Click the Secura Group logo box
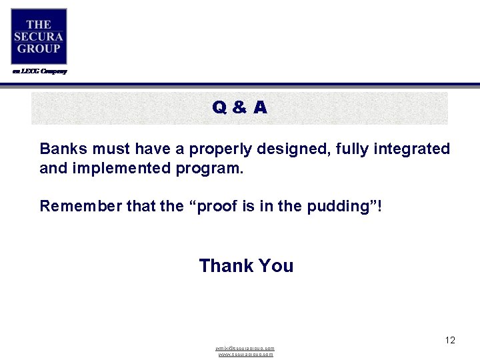[39, 37]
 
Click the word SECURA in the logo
[39, 37]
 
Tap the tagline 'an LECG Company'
[39, 71]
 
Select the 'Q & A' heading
[240, 107]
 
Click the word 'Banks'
[61, 149]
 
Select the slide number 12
[450, 341]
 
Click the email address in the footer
[245, 349]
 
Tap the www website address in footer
[245, 355]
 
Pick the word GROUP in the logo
[39, 49]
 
